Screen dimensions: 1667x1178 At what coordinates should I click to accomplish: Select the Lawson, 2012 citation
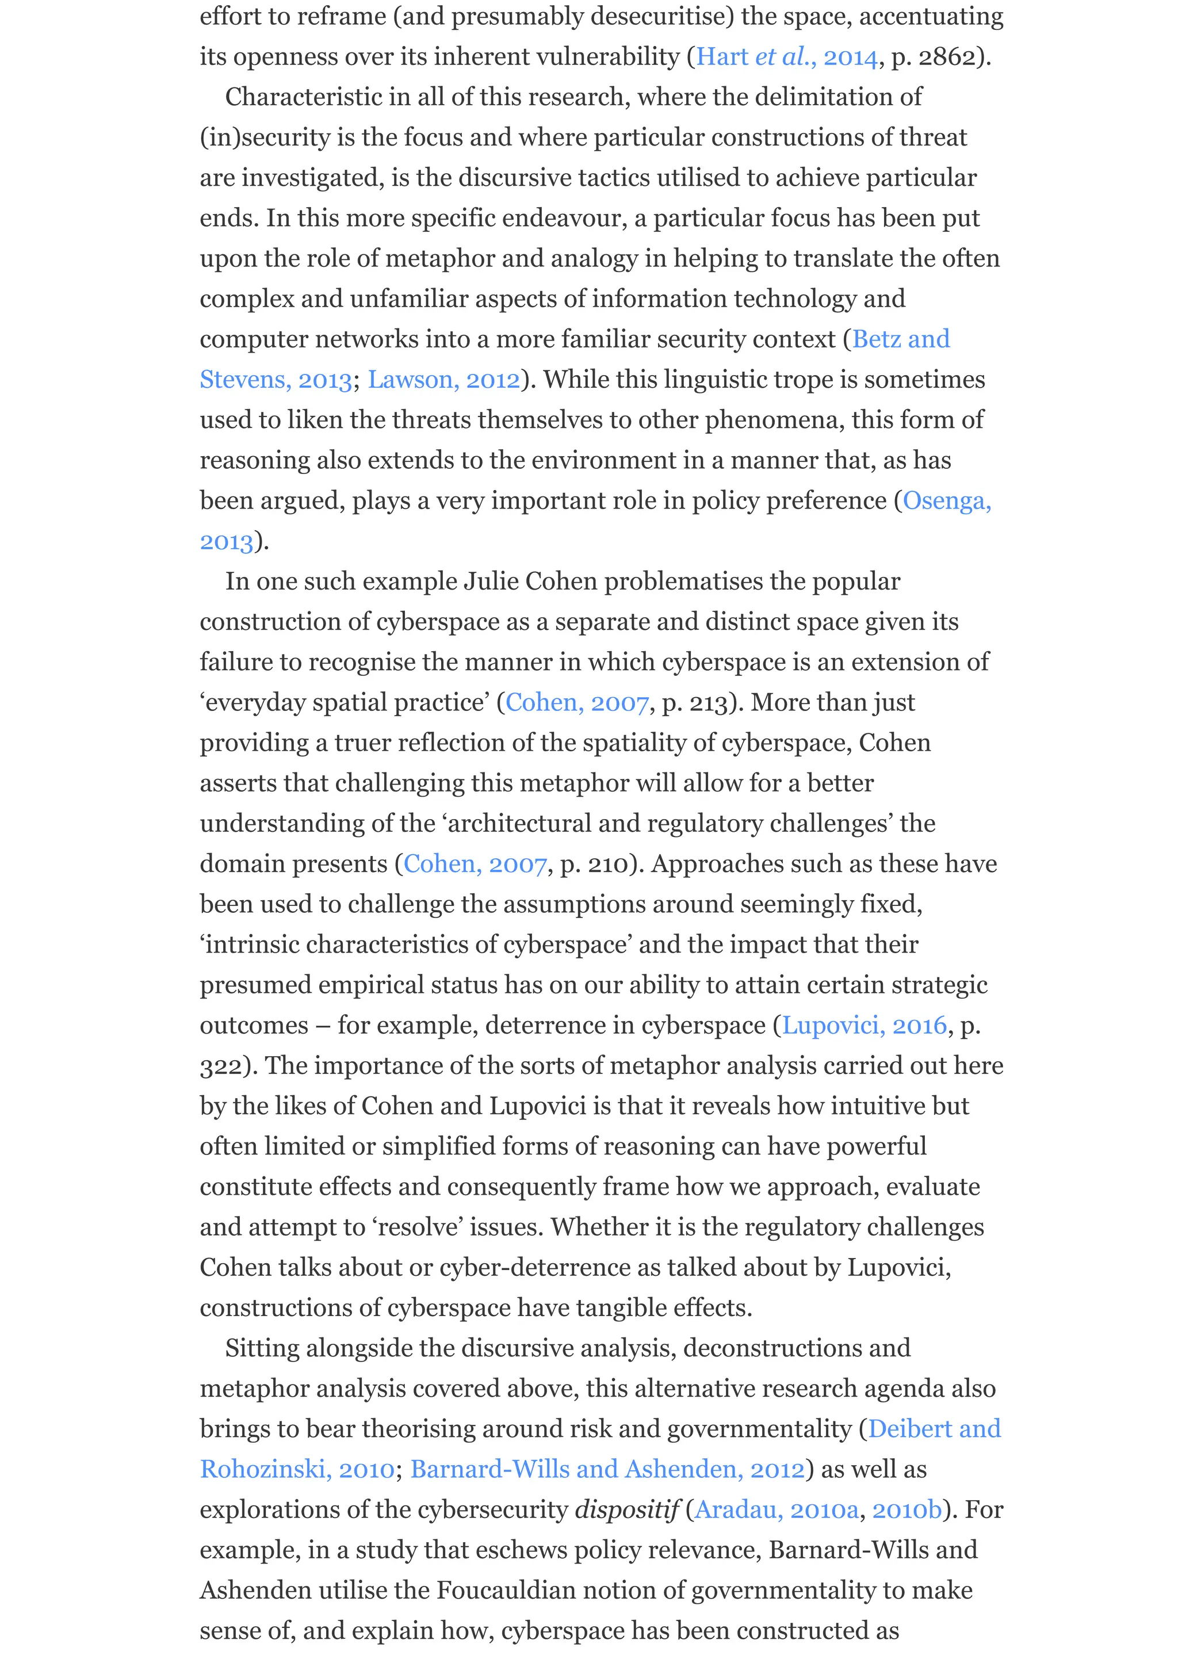click(444, 380)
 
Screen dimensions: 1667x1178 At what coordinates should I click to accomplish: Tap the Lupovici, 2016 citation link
click(864, 1025)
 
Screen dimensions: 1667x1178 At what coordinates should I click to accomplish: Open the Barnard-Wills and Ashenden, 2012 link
click(607, 1470)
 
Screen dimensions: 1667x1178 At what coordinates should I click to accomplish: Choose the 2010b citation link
click(907, 1510)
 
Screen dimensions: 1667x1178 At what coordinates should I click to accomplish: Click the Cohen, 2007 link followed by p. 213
click(577, 703)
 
